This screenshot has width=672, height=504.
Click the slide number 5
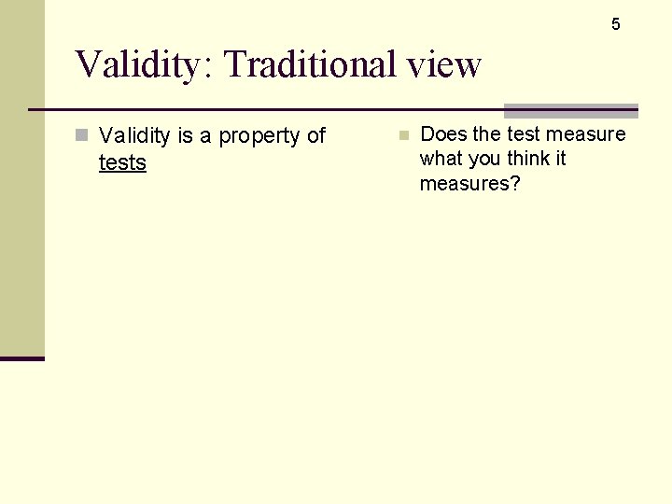tap(615, 24)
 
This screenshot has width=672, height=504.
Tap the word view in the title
tap(443, 65)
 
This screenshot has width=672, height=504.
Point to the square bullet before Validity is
tap(82, 135)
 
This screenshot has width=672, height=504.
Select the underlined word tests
tap(122, 163)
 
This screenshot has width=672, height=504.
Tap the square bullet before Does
tap(403, 135)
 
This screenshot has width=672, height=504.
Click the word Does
tap(444, 134)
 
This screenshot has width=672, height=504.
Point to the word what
tap(441, 159)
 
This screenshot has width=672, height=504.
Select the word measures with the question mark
tap(469, 184)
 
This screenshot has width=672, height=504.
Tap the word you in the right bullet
tap(484, 160)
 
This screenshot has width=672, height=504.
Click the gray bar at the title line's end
tap(570, 110)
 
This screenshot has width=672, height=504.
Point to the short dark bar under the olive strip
tap(21, 358)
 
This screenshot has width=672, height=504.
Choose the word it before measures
tap(561, 159)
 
